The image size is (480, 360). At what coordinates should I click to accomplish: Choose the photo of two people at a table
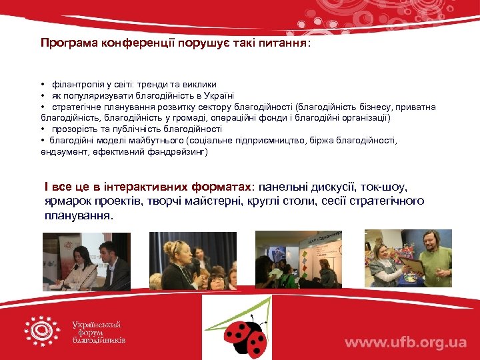pyautogui.click(x=86, y=261)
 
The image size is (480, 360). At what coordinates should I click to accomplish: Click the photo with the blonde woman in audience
pyautogui.click(x=193, y=261)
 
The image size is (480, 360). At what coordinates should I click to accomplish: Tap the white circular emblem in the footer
pyautogui.click(x=42, y=331)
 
